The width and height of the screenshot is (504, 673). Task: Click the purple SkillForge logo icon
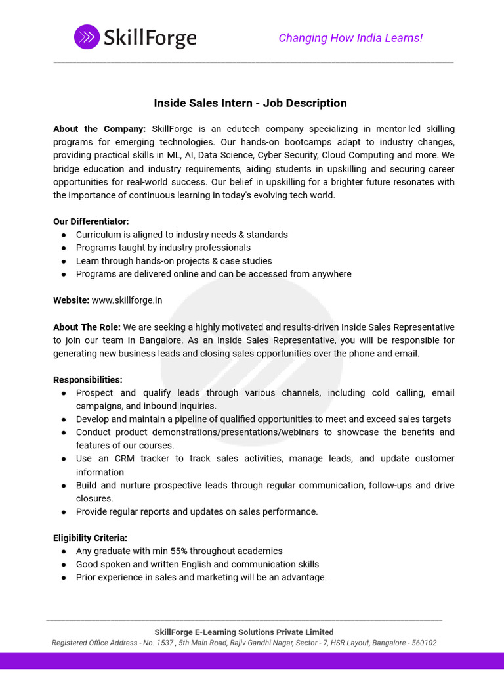click(87, 37)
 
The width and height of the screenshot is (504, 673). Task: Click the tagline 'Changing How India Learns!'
click(350, 38)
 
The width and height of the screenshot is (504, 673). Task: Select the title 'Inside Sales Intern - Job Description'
click(250, 103)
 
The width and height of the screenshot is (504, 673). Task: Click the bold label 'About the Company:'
click(99, 129)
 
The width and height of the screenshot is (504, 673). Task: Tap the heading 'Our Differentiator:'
click(91, 221)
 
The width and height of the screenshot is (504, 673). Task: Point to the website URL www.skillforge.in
click(127, 300)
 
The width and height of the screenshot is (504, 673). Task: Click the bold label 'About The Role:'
click(87, 327)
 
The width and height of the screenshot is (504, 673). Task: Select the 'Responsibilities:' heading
click(87, 380)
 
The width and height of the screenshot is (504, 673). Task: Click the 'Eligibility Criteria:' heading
click(90, 538)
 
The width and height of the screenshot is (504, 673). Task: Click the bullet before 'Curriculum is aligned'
click(64, 235)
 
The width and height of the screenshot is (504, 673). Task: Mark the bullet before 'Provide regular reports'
click(64, 511)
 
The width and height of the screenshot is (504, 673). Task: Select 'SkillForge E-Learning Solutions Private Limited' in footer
click(244, 632)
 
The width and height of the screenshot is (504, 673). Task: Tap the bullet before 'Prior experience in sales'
click(64, 577)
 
